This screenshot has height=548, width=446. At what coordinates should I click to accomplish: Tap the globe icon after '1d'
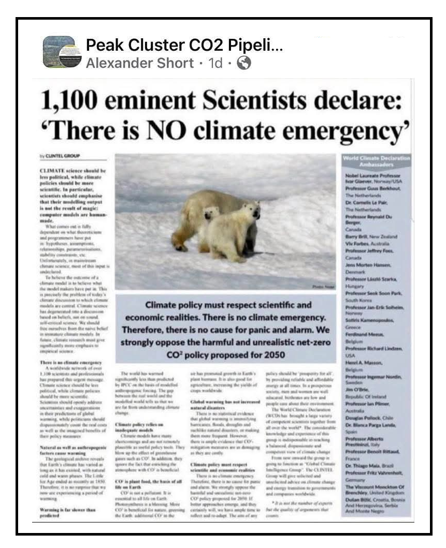pos(243,63)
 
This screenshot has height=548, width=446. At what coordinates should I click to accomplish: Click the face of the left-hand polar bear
pos(210,213)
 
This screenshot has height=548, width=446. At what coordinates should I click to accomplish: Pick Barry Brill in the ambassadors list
pos(357,235)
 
